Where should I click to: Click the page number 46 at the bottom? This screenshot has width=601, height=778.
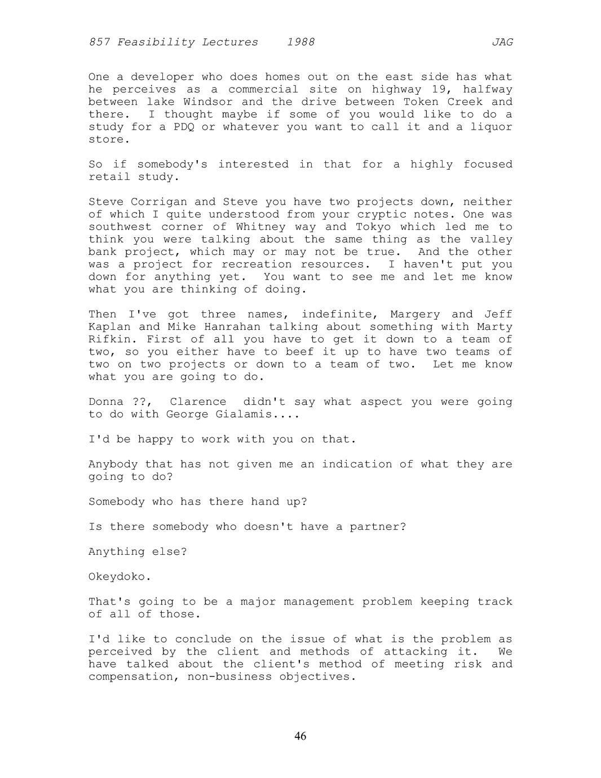coord(300,736)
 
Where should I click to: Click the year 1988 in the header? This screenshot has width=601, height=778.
coord(300,42)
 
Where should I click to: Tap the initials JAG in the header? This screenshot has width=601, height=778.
coord(502,42)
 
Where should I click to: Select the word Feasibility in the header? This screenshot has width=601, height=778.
coord(152,42)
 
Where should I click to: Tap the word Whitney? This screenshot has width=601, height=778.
coord(261,227)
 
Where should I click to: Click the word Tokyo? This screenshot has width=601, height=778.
coord(372,227)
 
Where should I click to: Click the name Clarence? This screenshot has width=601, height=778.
coord(198,402)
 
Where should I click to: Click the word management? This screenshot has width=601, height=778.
coord(319,602)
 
